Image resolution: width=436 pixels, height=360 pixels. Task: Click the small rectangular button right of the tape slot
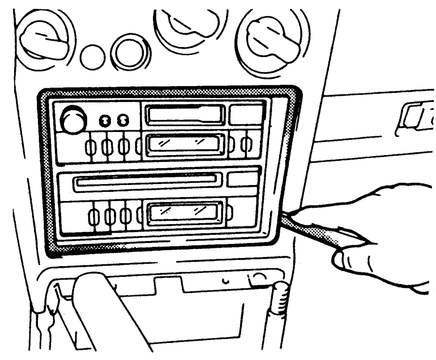click(x=246, y=114)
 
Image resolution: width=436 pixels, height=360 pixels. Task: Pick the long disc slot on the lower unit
click(x=147, y=181)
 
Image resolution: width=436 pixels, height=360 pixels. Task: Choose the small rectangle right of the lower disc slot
click(x=242, y=180)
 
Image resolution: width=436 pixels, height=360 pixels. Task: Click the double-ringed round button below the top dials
click(x=130, y=52)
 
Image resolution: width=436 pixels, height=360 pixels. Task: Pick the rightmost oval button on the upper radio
click(x=246, y=144)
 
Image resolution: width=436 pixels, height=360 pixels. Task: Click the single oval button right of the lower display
click(x=229, y=213)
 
